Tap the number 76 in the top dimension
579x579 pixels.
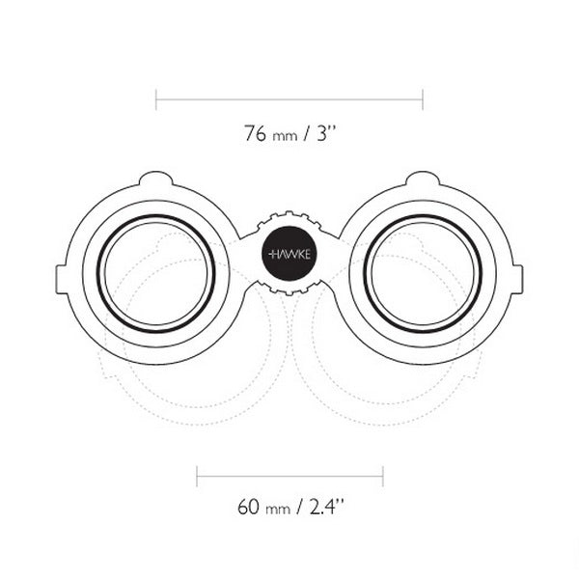tap(255, 133)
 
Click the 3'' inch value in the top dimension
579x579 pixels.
tap(325, 133)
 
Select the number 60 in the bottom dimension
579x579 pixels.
tap(249, 506)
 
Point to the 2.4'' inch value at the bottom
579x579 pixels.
tap(327, 506)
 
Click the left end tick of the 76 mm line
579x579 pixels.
tap(156, 97)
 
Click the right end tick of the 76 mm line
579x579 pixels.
tap(423, 97)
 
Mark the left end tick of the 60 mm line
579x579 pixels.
tap(197, 476)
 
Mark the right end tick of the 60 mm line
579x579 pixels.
tap(383, 476)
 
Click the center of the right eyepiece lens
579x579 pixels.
tap(423, 274)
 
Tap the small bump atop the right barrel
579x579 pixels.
tap(423, 179)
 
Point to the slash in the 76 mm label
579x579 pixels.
tap(306, 134)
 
